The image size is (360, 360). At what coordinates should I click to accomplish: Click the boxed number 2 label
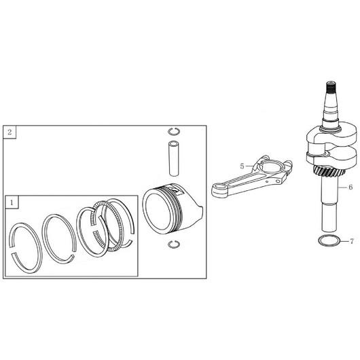pos(10,132)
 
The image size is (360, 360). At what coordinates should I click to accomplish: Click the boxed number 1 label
pos(12,202)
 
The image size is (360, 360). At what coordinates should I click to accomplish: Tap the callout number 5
pos(242,166)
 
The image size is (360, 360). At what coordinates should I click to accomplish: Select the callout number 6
pos(350,187)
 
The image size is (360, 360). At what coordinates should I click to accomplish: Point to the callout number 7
pos(352,241)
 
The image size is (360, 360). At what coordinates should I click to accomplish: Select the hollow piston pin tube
pos(174,158)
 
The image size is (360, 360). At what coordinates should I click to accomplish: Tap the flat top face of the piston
pos(158,211)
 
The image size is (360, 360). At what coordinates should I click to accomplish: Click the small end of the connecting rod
pos(219,189)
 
